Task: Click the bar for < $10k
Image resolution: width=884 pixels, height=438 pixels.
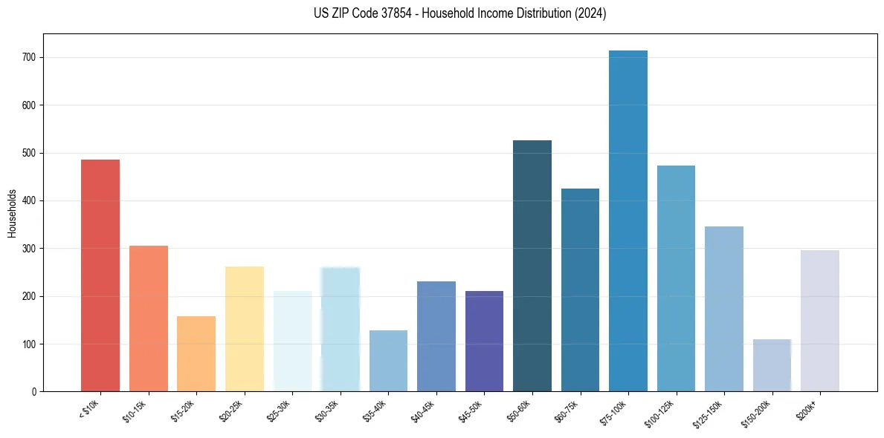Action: (x=100, y=275)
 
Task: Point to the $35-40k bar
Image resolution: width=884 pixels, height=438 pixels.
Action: (x=388, y=361)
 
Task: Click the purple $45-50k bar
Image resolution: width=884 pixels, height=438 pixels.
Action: (x=484, y=341)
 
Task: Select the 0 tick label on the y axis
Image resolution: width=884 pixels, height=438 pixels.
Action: (x=34, y=392)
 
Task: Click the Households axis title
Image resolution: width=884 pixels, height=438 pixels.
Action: (x=12, y=213)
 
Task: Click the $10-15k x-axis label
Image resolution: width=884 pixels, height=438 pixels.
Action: (x=135, y=410)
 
